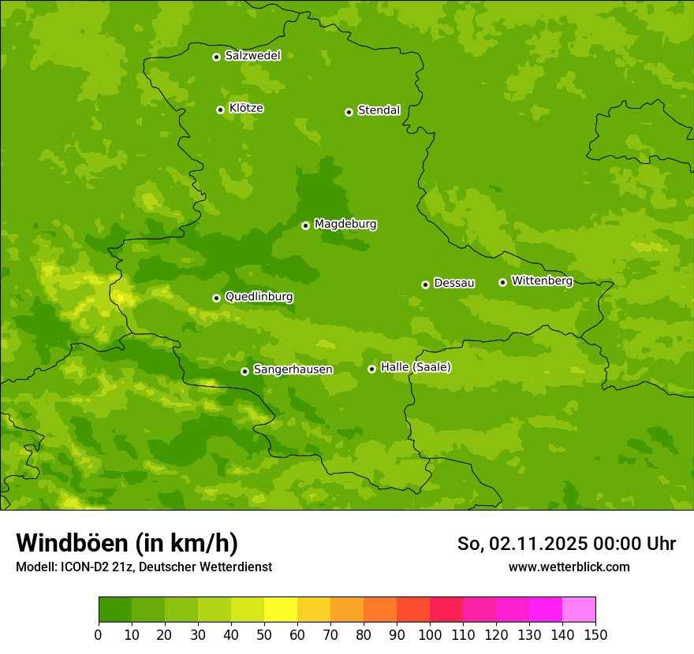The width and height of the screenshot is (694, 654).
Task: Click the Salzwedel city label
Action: [x=252, y=56]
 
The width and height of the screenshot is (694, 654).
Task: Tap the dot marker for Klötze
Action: [x=220, y=110]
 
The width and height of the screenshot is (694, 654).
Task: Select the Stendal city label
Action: [x=379, y=110]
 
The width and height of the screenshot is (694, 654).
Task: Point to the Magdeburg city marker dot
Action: [x=305, y=225]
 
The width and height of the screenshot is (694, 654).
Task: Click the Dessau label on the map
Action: [x=454, y=283]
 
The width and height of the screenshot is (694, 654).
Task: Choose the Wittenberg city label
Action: [x=542, y=281]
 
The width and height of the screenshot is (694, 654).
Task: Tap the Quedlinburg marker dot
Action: [x=216, y=298]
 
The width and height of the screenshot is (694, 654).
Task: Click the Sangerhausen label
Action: [x=293, y=370]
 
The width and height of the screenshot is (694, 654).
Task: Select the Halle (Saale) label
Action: [x=416, y=367]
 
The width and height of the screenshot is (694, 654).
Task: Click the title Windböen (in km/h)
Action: [x=126, y=543]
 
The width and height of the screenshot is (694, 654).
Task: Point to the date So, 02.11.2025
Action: [x=520, y=544]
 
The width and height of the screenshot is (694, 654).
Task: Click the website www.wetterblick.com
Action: [x=569, y=567]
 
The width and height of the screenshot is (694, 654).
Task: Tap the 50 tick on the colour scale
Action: [x=264, y=634]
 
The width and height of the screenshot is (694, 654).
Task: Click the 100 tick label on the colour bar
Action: [x=430, y=634]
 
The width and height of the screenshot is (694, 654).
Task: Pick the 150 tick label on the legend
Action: [x=595, y=634]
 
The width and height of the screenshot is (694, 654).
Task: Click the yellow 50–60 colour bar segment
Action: [x=281, y=610]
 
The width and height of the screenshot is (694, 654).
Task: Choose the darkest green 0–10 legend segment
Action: [x=115, y=610]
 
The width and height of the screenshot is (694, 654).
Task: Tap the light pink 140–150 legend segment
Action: [x=579, y=610]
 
